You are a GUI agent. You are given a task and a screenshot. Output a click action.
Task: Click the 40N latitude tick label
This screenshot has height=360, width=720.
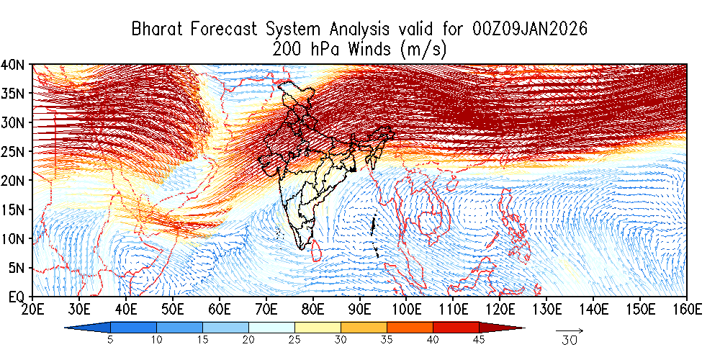(16, 64)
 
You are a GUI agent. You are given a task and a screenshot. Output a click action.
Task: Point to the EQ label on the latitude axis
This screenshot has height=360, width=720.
(18, 296)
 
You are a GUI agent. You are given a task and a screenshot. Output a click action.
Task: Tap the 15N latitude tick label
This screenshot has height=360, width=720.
(16, 209)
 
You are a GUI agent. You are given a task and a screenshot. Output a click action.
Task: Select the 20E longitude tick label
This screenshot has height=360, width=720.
(32, 310)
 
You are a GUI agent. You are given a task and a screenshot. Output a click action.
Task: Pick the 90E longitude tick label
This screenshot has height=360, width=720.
(359, 310)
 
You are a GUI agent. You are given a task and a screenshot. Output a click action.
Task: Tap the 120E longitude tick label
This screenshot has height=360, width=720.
(500, 310)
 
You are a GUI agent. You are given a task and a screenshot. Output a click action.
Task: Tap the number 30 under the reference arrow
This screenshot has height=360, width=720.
(570, 341)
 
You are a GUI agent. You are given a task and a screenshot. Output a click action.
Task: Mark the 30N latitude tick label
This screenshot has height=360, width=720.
(16, 122)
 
